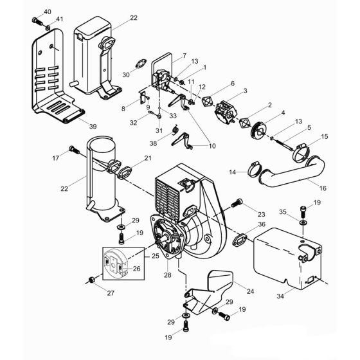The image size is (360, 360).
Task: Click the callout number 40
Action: (47, 12)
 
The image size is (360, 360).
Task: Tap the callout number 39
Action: (93, 127)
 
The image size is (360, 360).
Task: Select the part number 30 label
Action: (126, 75)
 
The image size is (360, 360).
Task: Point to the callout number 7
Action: (166, 56)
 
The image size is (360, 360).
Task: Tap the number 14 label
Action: (233, 172)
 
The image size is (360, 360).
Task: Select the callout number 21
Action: (148, 158)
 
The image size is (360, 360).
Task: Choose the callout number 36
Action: (262, 224)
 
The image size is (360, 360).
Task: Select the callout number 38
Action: (153, 143)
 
